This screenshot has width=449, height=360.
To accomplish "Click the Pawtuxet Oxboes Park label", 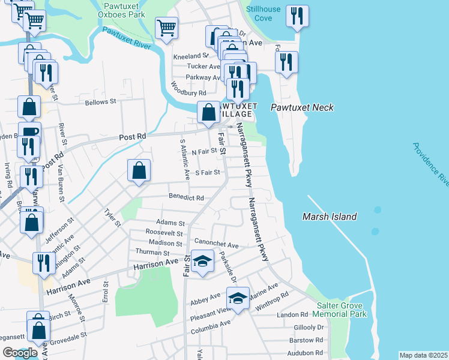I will pos(121,10).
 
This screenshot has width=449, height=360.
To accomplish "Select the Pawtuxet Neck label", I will pos(301,107).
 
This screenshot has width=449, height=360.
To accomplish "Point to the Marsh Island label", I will pos(329,217).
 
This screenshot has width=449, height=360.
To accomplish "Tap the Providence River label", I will pos(431,164).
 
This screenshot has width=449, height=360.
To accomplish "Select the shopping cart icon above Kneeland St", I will pos(166,27).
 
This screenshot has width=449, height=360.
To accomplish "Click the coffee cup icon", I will pos(29,133).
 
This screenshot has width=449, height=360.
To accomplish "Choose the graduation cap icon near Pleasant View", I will pos(238,298).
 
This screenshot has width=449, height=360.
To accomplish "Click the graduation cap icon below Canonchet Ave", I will pos(202,261).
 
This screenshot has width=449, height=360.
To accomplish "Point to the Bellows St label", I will pos(100,103).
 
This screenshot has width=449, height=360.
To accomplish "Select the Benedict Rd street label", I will pos(186,197).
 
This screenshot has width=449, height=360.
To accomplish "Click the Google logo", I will pos(20,353).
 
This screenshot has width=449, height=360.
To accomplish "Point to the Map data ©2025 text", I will pos(423,355).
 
